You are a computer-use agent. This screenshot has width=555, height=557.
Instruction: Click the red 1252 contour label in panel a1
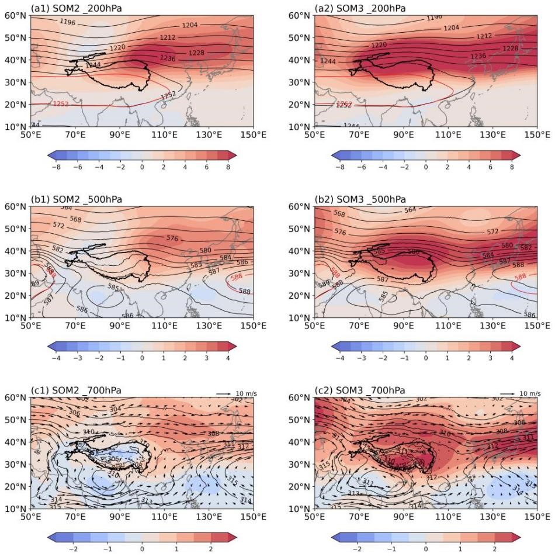[x=61, y=104]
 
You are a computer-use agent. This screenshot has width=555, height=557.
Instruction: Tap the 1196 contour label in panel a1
[x=68, y=22]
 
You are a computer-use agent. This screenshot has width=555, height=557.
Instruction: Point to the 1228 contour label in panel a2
[x=494, y=48]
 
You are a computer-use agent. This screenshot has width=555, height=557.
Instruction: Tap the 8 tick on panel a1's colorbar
[x=228, y=167]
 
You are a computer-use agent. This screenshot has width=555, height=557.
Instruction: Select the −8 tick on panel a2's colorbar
[x=340, y=167]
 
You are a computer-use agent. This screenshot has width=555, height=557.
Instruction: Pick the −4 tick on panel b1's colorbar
[x=56, y=358]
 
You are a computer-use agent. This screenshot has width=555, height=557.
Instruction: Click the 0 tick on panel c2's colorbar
[x=426, y=549]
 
